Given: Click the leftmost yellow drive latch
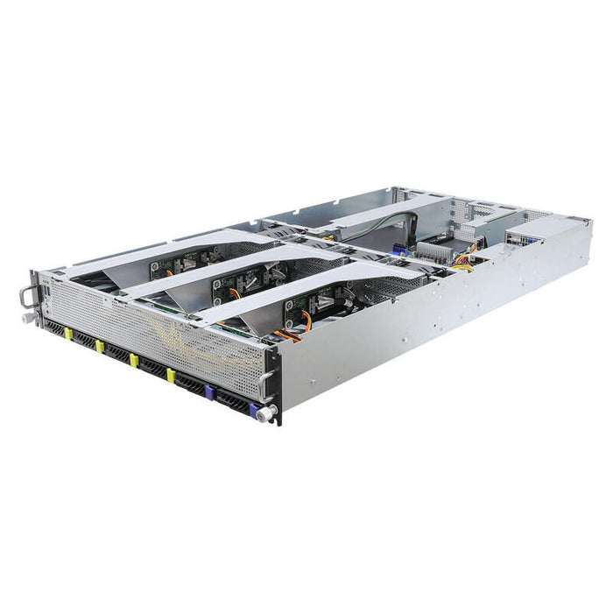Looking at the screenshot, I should (x=68, y=334).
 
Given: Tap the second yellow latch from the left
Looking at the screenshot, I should (x=100, y=348).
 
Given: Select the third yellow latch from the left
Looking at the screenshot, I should (x=134, y=361).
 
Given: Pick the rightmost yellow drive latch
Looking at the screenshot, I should (x=172, y=376).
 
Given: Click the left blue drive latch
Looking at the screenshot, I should (x=209, y=391).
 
